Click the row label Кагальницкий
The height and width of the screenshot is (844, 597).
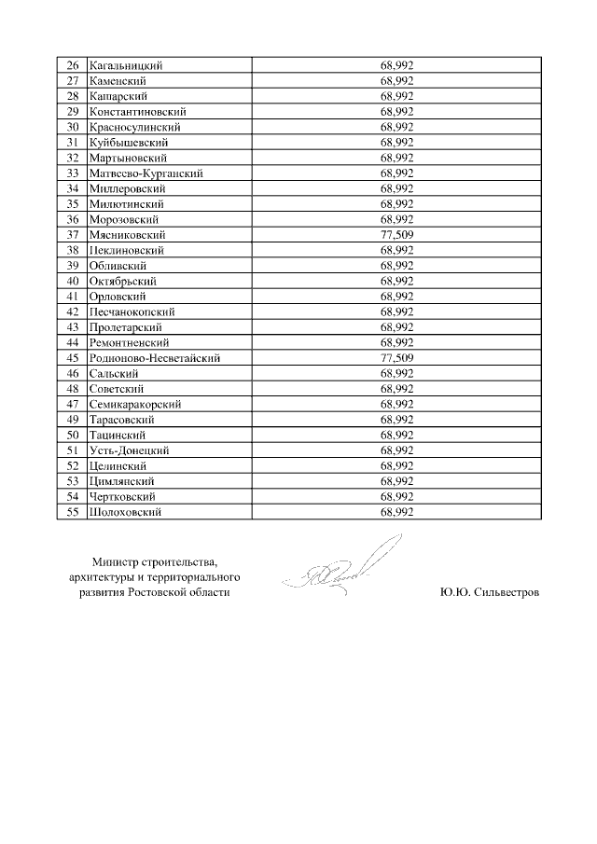[x=126, y=65]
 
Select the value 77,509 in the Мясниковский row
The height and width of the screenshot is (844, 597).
[x=396, y=235]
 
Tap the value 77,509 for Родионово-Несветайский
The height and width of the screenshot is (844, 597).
[x=396, y=357]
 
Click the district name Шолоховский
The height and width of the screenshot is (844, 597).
[x=126, y=512]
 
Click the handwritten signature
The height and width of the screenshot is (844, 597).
[x=345, y=571]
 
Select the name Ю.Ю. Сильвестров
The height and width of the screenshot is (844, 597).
[x=489, y=592]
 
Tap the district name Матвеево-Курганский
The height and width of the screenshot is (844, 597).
[x=146, y=173]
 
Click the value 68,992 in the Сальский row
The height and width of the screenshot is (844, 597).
[x=396, y=373]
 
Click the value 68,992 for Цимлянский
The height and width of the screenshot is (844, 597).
[x=396, y=481]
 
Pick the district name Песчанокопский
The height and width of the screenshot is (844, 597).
[x=132, y=311]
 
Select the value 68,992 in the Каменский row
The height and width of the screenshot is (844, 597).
[x=396, y=81]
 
